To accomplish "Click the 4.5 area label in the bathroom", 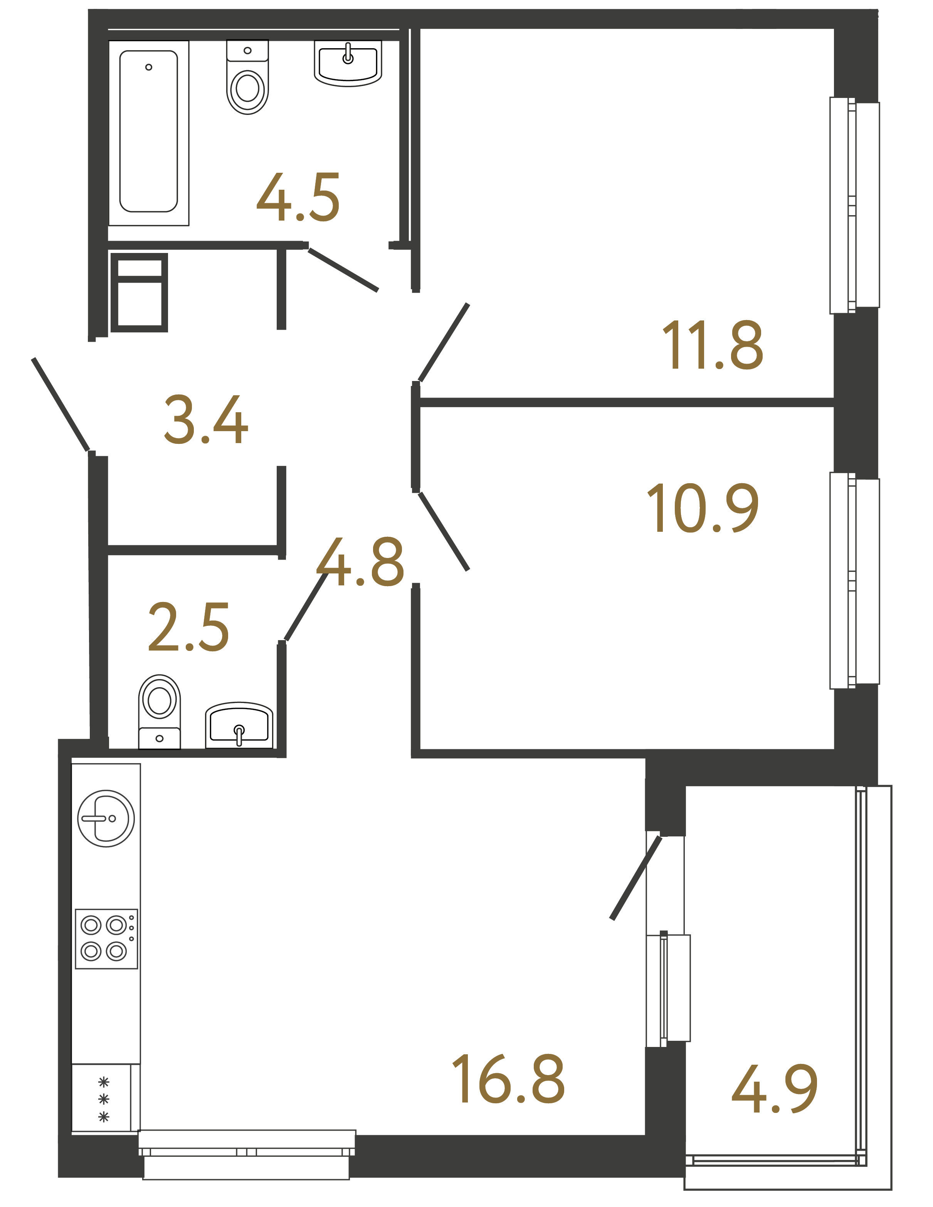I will (x=298, y=198).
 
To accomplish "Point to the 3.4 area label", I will (x=205, y=420).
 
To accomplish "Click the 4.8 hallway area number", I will (x=361, y=562).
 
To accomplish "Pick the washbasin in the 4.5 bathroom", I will (x=348, y=64).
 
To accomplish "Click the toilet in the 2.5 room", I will (x=159, y=711).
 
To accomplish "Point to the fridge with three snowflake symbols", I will (x=103, y=1099).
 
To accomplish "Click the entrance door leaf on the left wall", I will (x=61, y=405).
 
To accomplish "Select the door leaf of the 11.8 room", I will (x=444, y=343).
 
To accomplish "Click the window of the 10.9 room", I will (x=854, y=580).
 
